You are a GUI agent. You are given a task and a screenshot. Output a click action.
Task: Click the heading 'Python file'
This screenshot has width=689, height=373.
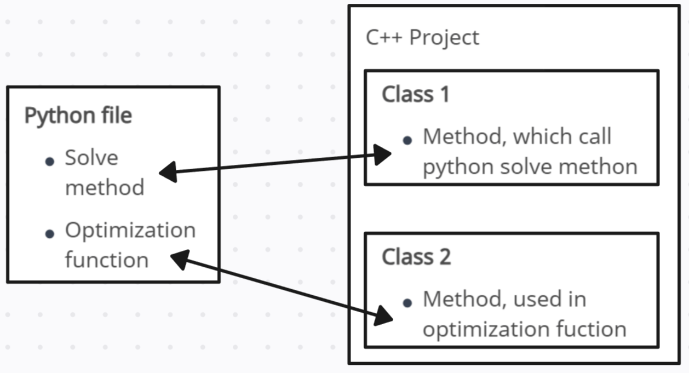[x=78, y=116]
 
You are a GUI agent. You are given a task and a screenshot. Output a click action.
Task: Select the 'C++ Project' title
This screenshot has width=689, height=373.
[x=422, y=38]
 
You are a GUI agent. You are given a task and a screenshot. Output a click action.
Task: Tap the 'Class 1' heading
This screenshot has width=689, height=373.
[x=415, y=94]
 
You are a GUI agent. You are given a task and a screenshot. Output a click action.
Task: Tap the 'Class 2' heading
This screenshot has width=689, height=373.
[x=416, y=257]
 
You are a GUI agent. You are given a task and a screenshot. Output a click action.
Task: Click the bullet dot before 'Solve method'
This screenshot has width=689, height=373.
[x=50, y=161]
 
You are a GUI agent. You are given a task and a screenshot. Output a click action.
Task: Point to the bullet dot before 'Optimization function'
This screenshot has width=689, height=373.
[x=50, y=234]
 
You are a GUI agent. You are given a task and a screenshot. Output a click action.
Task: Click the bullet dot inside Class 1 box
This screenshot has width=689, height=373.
[x=407, y=140]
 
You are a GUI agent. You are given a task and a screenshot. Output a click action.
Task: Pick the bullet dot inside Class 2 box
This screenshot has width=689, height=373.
[x=407, y=303]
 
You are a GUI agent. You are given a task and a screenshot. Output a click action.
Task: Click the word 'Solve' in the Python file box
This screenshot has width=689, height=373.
[x=91, y=158]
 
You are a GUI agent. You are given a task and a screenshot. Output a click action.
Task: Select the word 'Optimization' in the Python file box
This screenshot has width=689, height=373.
[x=130, y=231]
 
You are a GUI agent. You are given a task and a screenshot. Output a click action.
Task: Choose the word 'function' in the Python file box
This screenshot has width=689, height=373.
[x=106, y=260]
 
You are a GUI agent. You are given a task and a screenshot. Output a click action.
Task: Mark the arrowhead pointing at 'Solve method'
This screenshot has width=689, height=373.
[x=168, y=172]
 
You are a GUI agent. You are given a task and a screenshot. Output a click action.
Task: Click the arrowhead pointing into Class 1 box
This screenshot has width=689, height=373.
[x=382, y=154]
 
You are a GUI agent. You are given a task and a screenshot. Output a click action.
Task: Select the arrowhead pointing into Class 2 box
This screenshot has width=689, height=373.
[x=383, y=316]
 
